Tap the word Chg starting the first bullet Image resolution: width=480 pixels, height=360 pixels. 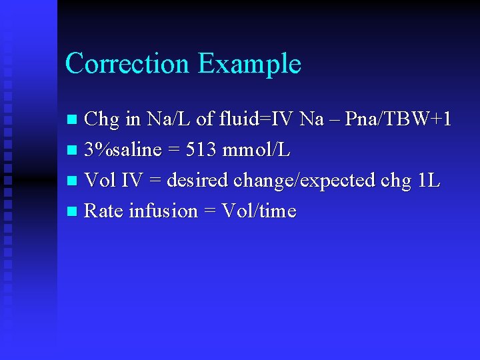tap(102, 120)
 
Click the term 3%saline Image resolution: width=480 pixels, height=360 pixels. tap(123, 151)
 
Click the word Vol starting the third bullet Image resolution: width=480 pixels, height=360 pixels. tap(100, 181)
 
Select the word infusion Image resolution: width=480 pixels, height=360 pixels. tap(163, 211)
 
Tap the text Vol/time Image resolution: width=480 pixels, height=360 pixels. tap(259, 211)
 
